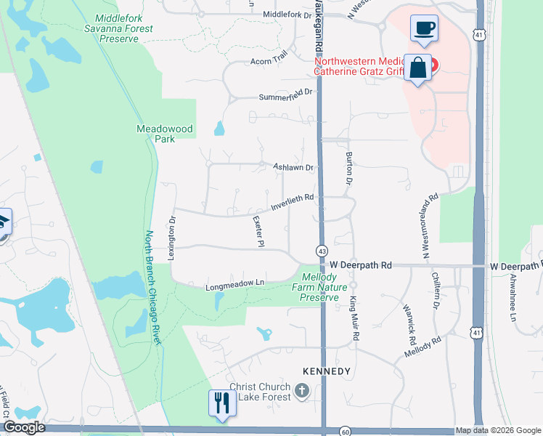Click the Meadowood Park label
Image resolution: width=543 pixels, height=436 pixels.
point(165,134)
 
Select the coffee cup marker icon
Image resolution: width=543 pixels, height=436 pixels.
point(424,28)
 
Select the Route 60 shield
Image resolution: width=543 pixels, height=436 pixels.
point(346,431)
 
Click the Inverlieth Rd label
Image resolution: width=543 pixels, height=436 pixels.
point(292,202)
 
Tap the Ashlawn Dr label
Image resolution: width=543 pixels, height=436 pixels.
point(293,167)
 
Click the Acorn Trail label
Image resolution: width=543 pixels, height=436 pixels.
point(269,62)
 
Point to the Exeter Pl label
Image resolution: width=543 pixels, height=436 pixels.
point(257,232)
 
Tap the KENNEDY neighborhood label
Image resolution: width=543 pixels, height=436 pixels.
point(326,371)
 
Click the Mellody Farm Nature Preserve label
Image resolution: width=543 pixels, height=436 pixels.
point(320,287)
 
